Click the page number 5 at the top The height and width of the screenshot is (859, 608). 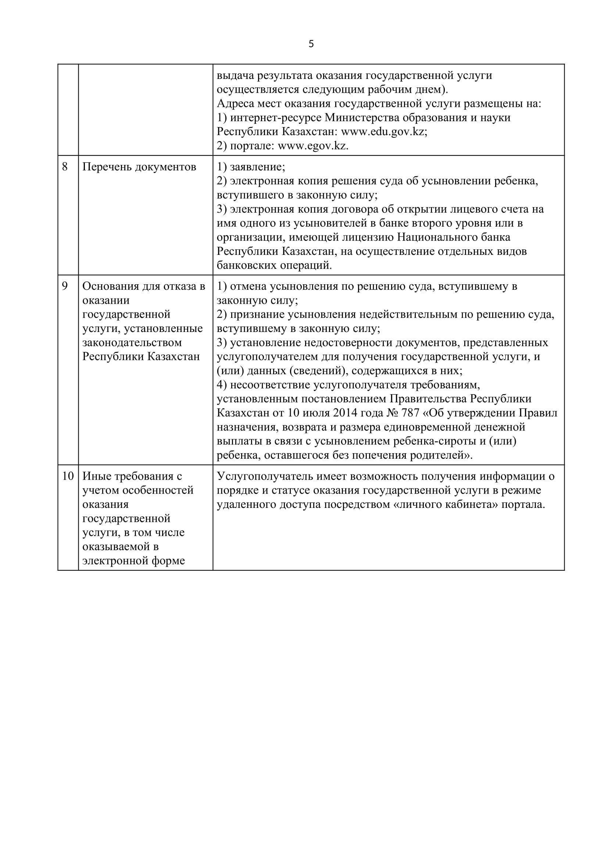(311, 44)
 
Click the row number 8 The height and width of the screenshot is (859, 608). (65, 166)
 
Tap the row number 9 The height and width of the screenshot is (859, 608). (65, 286)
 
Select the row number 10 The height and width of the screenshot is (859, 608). (68, 476)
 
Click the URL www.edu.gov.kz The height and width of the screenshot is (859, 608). (383, 132)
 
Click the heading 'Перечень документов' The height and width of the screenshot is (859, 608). (139, 167)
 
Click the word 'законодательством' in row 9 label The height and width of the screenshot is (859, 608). (132, 343)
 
